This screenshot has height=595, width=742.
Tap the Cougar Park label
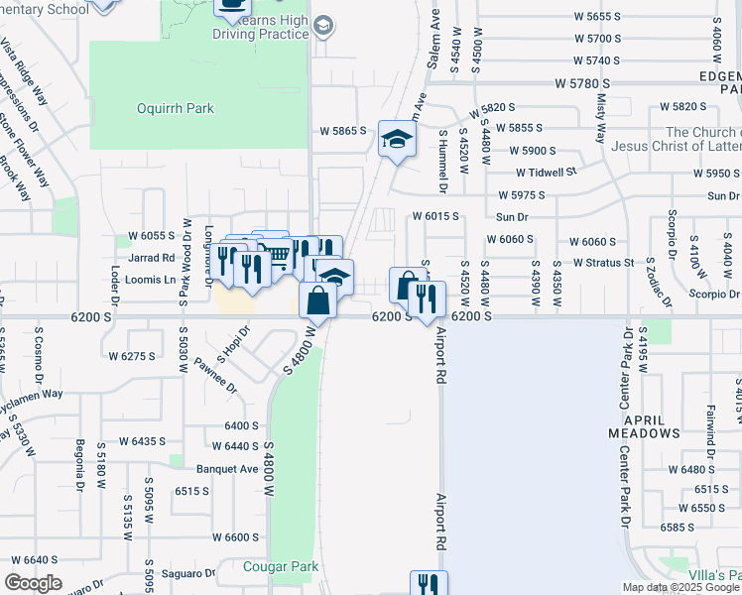(282, 567)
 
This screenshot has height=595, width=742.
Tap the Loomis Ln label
(152, 280)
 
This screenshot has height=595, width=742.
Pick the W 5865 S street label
(343, 131)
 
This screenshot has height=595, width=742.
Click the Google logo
(34, 583)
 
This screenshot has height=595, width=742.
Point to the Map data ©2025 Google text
(680, 587)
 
